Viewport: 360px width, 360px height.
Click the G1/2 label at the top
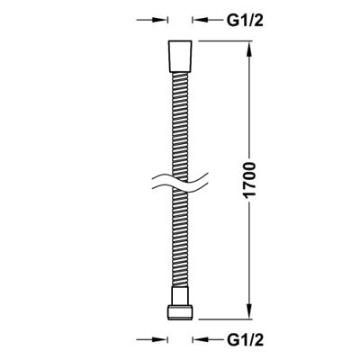pyautogui.click(x=246, y=21)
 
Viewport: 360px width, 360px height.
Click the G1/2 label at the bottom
pyautogui.click(x=246, y=340)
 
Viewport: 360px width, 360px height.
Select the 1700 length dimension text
pyautogui.click(x=249, y=180)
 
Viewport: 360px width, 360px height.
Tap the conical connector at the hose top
pyautogui.click(x=180, y=57)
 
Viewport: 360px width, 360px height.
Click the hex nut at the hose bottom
pyautogui.click(x=180, y=312)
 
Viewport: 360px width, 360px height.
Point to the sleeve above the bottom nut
pyautogui.click(x=180, y=296)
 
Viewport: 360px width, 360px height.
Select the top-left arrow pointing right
pyautogui.click(x=152, y=20)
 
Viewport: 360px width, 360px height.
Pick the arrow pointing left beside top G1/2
pyautogui.click(x=208, y=20)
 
